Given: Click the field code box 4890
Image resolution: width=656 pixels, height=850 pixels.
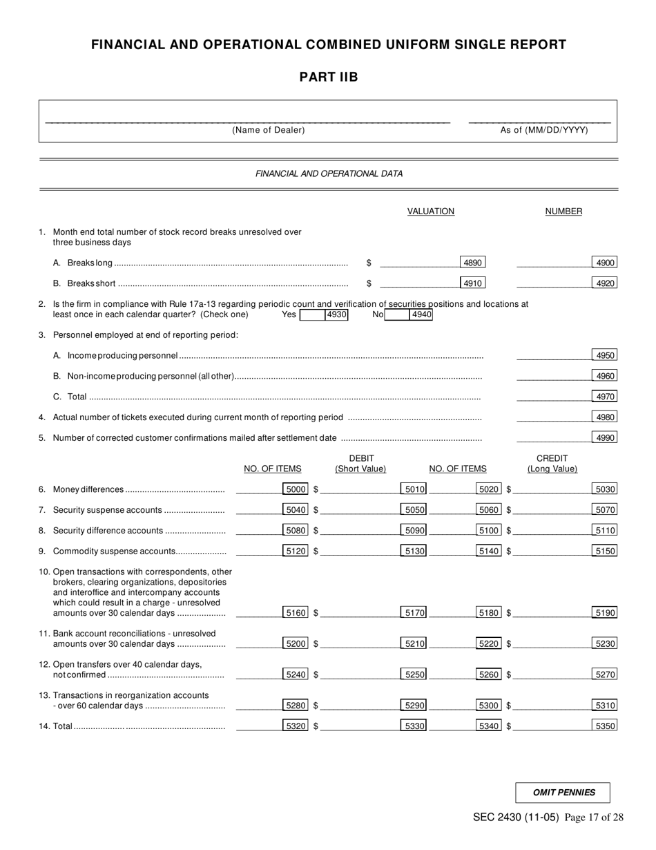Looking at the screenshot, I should coord(472,263).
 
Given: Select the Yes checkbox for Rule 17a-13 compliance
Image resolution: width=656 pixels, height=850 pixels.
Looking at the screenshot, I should coord(311,315).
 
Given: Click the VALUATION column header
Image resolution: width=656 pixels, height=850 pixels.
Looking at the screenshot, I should coord(431,211).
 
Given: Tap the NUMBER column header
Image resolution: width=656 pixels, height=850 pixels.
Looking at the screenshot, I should coord(563,211).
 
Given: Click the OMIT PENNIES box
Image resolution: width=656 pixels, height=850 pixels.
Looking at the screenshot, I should coord(563,793).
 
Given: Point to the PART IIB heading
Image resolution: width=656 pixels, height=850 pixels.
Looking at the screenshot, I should coord(329,77).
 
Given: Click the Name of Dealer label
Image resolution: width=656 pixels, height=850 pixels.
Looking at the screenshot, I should coord(269,130).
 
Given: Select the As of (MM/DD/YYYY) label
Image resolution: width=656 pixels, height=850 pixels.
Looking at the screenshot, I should coord(544,130).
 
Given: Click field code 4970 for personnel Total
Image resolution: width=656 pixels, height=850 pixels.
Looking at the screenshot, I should coord(605,397).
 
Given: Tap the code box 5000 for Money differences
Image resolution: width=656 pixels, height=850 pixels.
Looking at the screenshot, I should coord(296,489).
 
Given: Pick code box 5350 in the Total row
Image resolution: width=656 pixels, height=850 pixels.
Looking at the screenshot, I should coord(605,726).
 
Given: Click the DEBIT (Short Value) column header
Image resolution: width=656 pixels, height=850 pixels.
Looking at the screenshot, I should coord(360,464).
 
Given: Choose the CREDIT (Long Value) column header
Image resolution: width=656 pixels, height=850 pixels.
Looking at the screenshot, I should coord(552,464).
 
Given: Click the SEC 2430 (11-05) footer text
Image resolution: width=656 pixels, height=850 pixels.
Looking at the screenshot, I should coord(516,818).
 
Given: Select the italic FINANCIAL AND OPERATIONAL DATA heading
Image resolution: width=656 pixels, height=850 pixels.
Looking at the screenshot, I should coord(329,174).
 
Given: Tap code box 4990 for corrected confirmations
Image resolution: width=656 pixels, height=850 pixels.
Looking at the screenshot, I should coord(605,437).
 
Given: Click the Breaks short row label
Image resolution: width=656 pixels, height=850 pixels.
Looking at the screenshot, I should coord(91,283).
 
